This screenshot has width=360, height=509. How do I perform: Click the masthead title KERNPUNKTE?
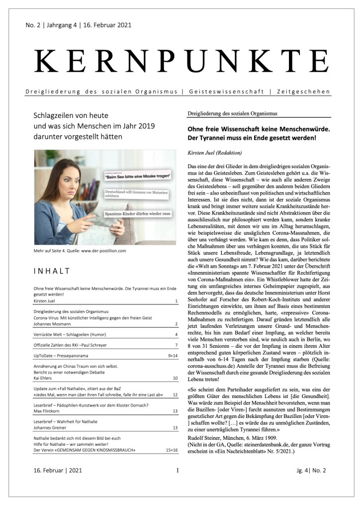180,63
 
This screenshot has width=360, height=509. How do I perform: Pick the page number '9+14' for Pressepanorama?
172,356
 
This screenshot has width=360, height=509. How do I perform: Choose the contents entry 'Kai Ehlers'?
44,379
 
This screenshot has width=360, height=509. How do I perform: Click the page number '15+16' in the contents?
171,450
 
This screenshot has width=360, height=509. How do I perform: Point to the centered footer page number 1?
177,470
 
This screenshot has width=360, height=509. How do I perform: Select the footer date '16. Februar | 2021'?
58,470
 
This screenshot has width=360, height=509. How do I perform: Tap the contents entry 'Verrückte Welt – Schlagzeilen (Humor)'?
73,334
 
